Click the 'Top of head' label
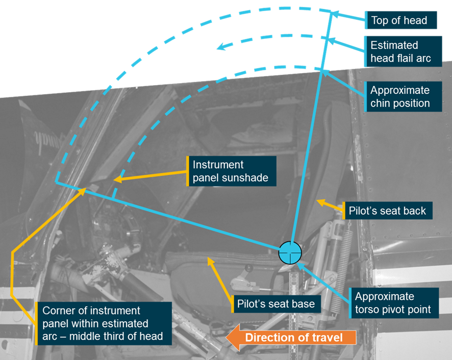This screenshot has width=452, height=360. [401, 20]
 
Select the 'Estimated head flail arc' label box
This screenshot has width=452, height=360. [403, 52]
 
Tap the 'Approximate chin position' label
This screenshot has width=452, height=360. [403, 96]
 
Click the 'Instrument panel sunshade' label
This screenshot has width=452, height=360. [232, 171]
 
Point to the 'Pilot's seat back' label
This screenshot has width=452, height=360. [387, 211]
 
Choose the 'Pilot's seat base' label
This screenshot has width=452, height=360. [276, 304]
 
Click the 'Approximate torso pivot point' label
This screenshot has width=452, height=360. [394, 303]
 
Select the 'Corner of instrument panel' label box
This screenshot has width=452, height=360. [104, 323]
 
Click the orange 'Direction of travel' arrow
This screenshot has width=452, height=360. [291, 338]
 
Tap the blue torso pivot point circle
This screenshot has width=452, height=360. [290, 253]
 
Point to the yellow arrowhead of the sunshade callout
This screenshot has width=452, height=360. [118, 179]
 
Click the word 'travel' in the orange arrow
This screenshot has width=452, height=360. [327, 338]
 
